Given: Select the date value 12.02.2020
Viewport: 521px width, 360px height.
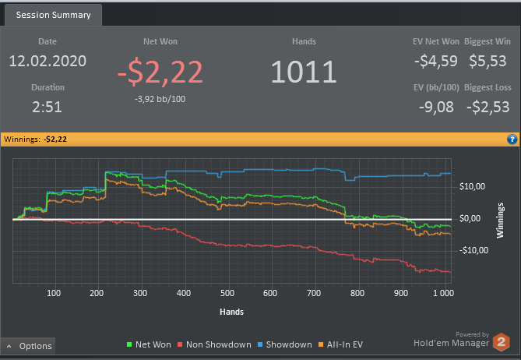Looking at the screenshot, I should [x=48, y=61].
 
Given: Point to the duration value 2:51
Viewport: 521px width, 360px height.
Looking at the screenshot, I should [x=48, y=107].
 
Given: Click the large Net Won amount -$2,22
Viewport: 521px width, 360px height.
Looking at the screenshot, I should [x=160, y=71].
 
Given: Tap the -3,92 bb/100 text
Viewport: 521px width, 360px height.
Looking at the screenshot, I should [x=160, y=98].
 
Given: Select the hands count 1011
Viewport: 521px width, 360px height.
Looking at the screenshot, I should [x=304, y=71].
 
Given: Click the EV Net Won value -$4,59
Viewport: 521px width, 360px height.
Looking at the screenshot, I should [x=435, y=61].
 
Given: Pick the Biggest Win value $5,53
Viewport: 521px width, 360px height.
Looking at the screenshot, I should [x=488, y=61].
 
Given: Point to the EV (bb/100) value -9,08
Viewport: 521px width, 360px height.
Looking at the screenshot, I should [x=435, y=107].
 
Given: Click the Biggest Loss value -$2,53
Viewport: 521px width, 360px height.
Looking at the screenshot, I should [x=488, y=107].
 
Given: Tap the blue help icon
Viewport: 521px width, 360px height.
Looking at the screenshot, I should [x=512, y=139].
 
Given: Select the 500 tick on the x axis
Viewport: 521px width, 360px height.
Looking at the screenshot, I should [x=227, y=294].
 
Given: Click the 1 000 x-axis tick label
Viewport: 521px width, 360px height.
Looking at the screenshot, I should [x=441, y=294].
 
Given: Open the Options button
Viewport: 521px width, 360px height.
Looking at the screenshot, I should [x=29, y=346].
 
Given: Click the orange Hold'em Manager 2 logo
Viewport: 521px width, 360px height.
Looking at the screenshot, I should [x=502, y=341].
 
